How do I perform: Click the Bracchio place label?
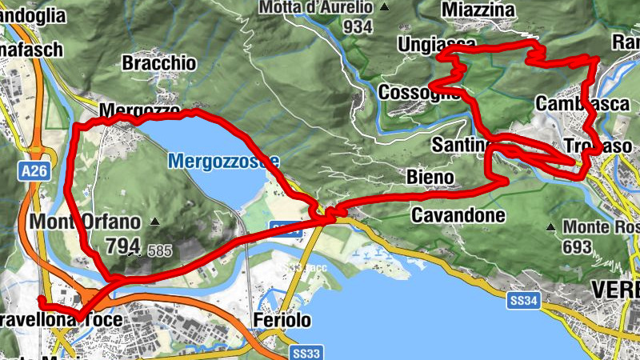pyautogui.click(x=159, y=62)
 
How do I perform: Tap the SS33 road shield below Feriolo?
pyautogui.click(x=306, y=352)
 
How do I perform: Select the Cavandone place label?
pyautogui.click(x=458, y=215)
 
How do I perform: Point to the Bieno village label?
pyautogui.click(x=430, y=176)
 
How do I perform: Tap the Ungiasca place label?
pyautogui.click(x=436, y=44)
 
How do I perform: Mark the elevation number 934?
pyautogui.click(x=357, y=27)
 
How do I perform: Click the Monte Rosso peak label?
pyautogui.click(x=601, y=227)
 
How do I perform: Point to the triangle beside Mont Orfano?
pyautogui.click(x=154, y=221)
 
